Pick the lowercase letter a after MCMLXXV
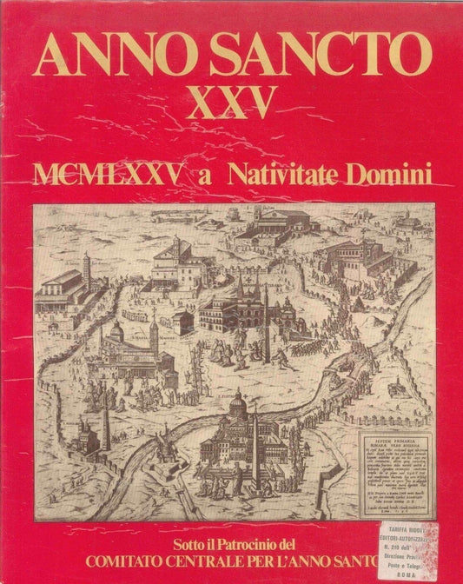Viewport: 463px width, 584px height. point(205,176)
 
